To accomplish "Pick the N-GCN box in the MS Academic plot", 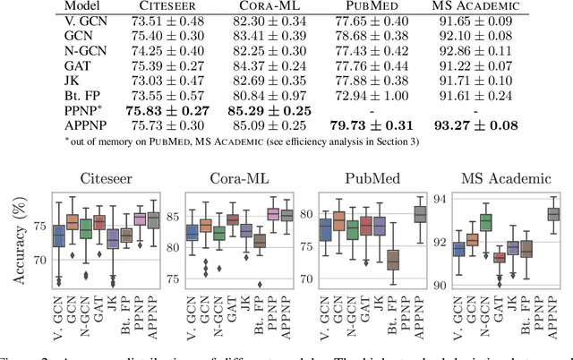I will (485, 222).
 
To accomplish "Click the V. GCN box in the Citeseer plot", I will (58, 236).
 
